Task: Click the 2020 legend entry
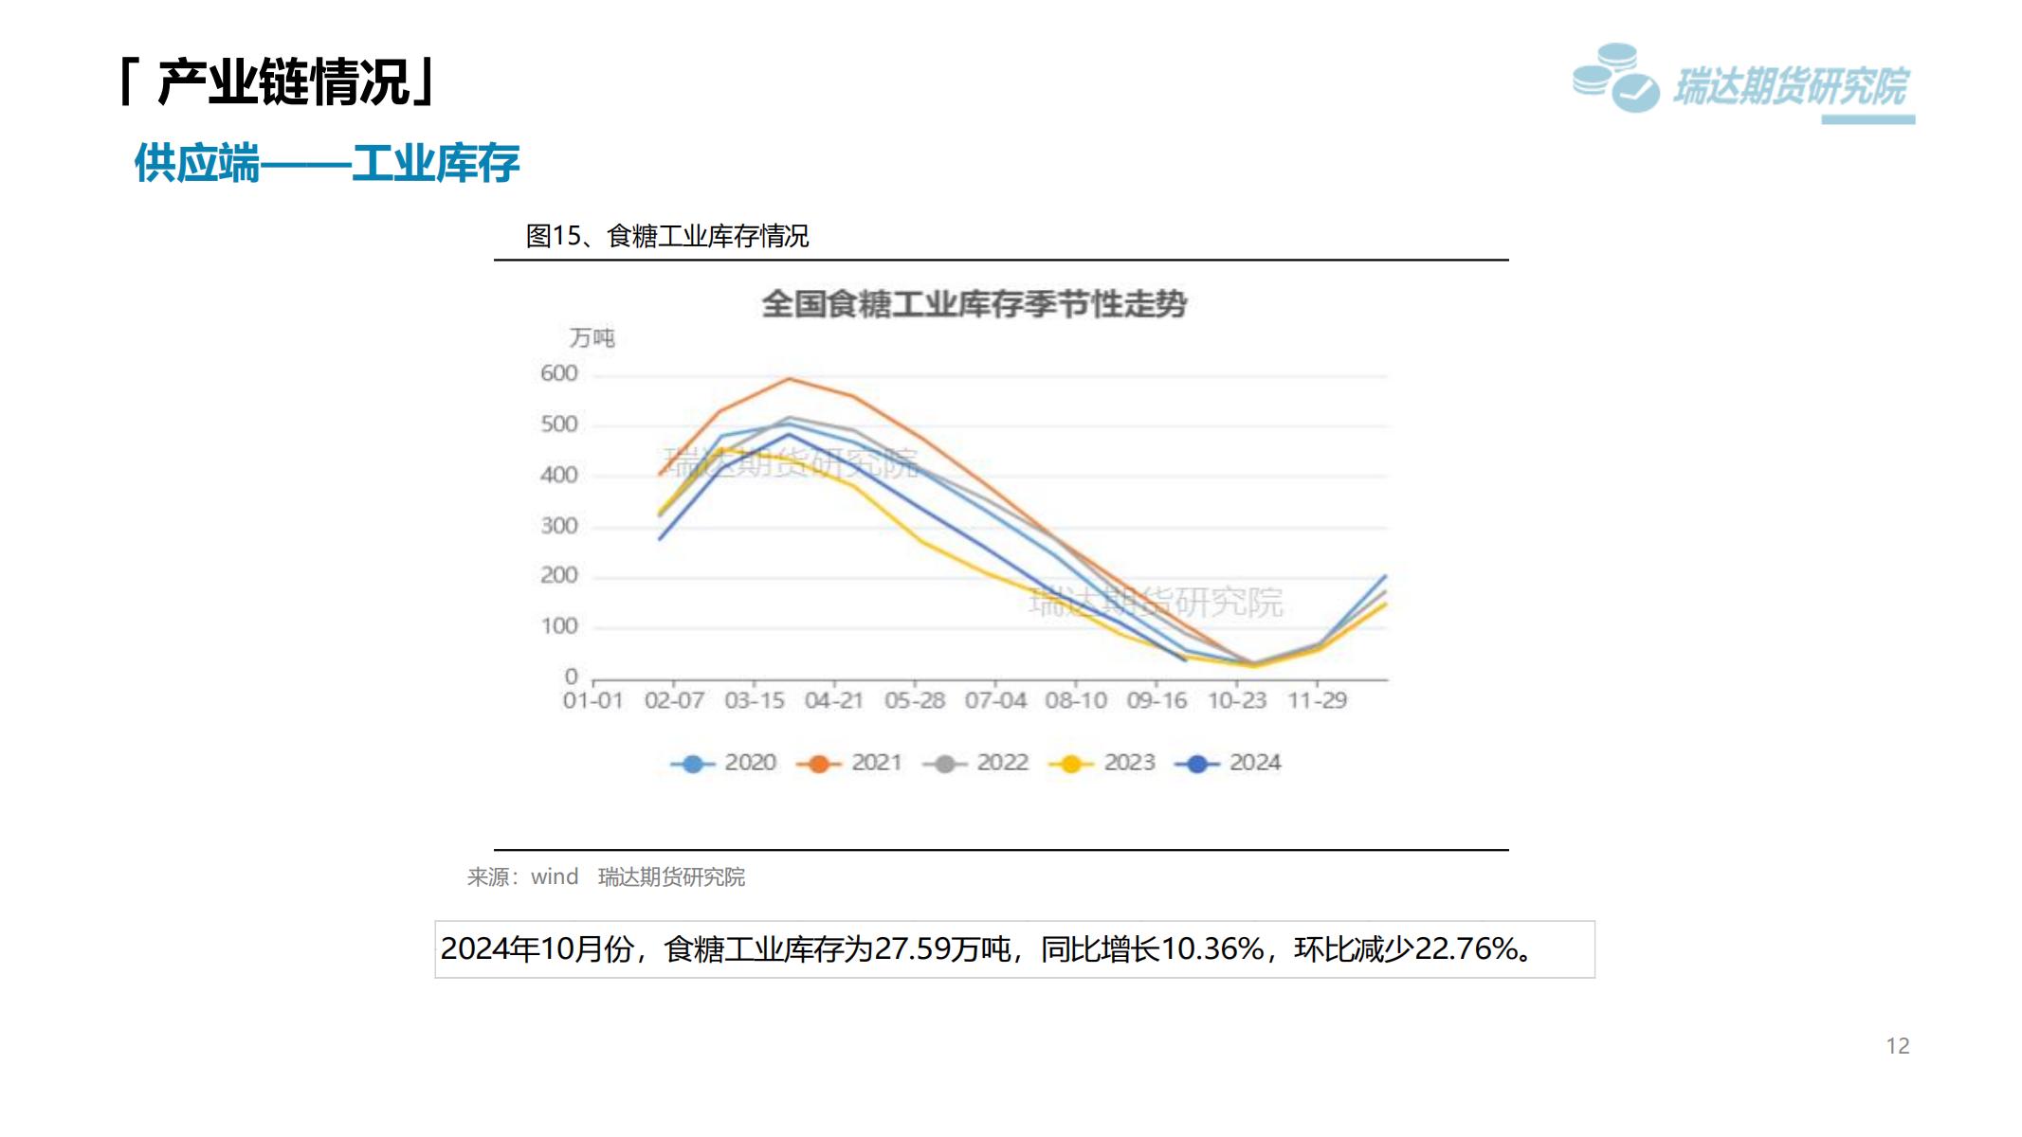tap(724, 763)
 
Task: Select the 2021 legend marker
tap(819, 764)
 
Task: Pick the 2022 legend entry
tap(976, 763)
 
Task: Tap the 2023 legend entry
tap(1102, 763)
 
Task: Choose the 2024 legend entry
tap(1229, 763)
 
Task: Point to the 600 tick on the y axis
tap(559, 373)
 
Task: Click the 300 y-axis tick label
tap(559, 526)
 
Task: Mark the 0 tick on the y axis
tap(571, 677)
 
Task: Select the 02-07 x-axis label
tap(674, 701)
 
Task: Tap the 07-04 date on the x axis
tap(995, 701)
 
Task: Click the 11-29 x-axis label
tap(1317, 701)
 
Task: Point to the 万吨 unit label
tap(592, 338)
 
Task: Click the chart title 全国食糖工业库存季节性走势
tap(975, 304)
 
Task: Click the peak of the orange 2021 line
tap(790, 379)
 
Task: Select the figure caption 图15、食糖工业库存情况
tap(667, 236)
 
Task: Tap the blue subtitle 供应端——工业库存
tap(327, 163)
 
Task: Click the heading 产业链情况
tap(283, 82)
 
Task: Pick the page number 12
tap(1898, 1046)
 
